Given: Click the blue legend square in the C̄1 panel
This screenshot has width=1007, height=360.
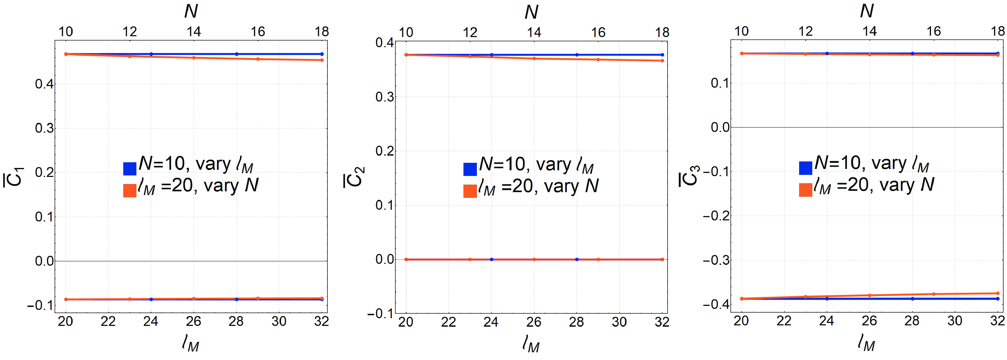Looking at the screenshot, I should click(130, 168).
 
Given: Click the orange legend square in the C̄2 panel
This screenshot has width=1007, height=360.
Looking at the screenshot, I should click(470, 191).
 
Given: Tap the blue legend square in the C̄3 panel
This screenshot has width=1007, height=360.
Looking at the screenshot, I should click(806, 168).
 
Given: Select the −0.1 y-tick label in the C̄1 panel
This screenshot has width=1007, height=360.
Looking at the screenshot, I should click(40, 305).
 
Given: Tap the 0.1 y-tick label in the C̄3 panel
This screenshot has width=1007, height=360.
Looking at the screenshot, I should click(720, 83).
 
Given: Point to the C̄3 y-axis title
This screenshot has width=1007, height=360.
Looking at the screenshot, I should click(689, 176).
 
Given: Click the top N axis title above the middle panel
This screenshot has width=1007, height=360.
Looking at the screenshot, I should click(531, 12).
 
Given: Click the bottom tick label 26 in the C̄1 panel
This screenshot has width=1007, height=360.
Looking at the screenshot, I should click(193, 321).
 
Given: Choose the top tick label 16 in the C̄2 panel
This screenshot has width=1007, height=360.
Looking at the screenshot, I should click(598, 33).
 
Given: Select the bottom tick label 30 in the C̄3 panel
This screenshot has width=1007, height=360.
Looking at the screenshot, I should click(955, 321).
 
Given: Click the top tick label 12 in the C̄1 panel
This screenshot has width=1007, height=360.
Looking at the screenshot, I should click(130, 32).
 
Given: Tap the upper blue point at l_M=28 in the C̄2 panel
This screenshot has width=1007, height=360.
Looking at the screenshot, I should click(577, 55).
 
